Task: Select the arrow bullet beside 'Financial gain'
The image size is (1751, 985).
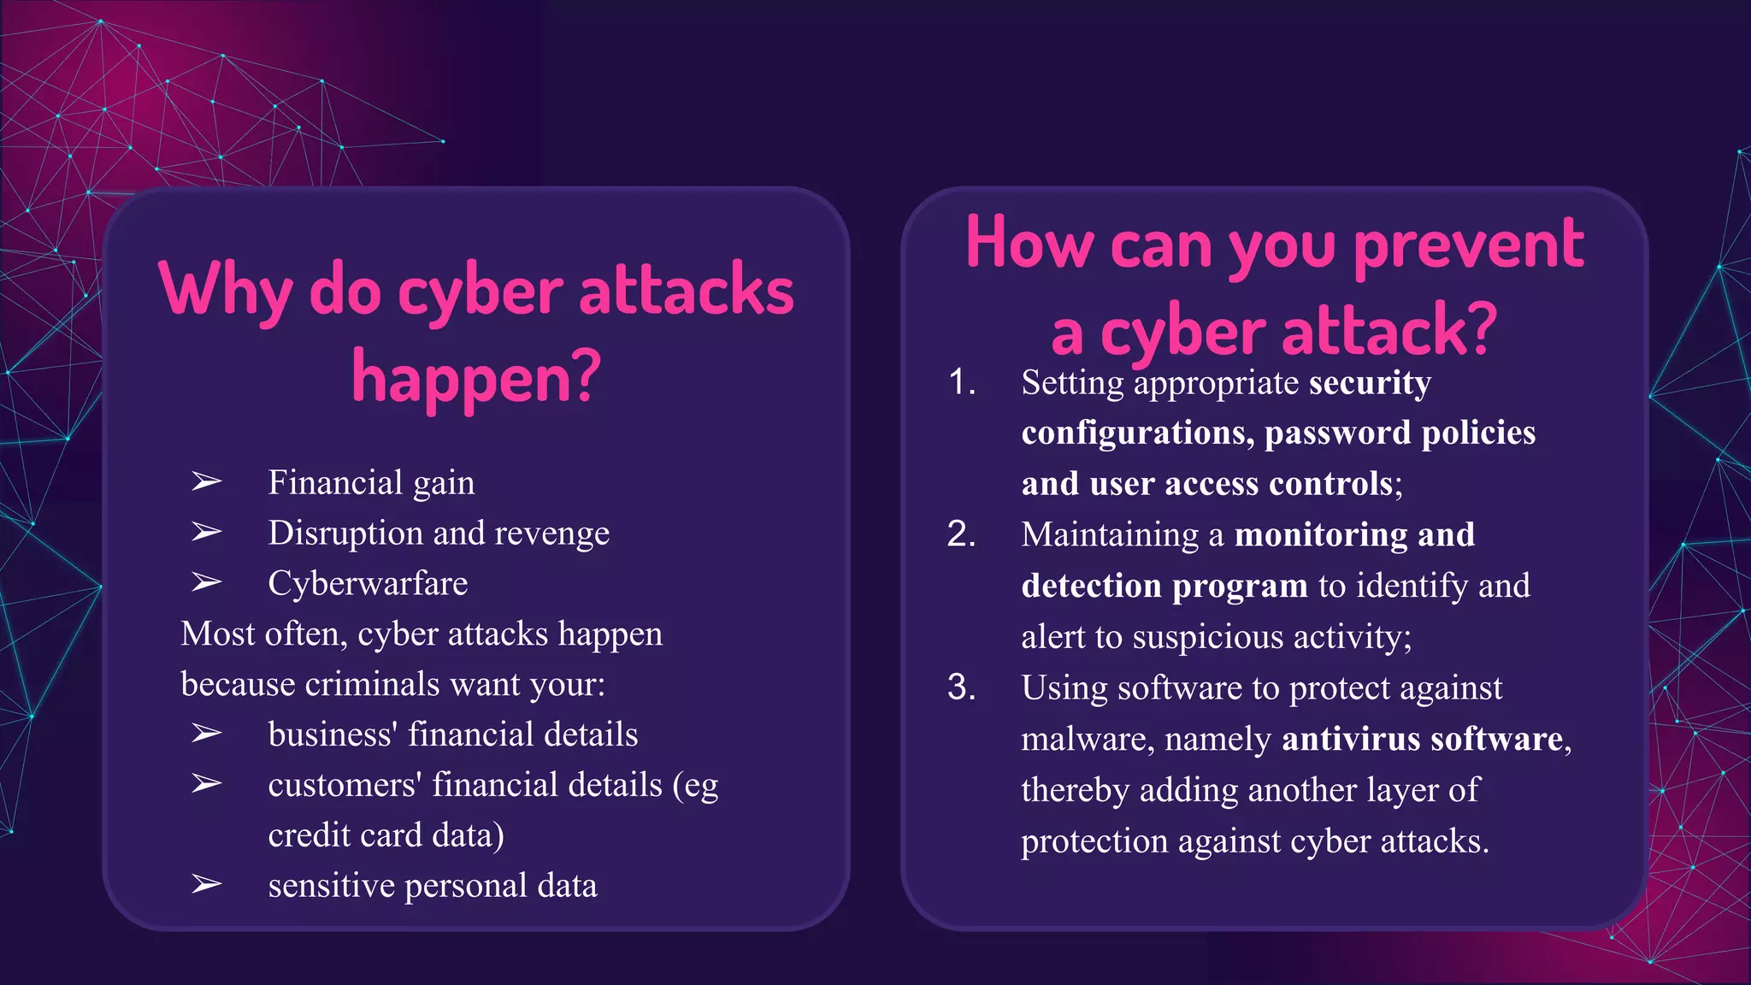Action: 206,482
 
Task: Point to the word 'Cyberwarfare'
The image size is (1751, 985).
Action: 368,583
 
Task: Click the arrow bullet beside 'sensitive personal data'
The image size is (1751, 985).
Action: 206,884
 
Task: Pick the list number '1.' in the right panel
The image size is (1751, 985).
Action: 962,382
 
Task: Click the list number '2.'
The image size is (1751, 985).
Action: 962,534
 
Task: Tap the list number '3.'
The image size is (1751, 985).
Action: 962,687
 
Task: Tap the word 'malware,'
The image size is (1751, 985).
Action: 1087,739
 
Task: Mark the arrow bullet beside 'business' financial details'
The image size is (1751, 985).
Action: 206,734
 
